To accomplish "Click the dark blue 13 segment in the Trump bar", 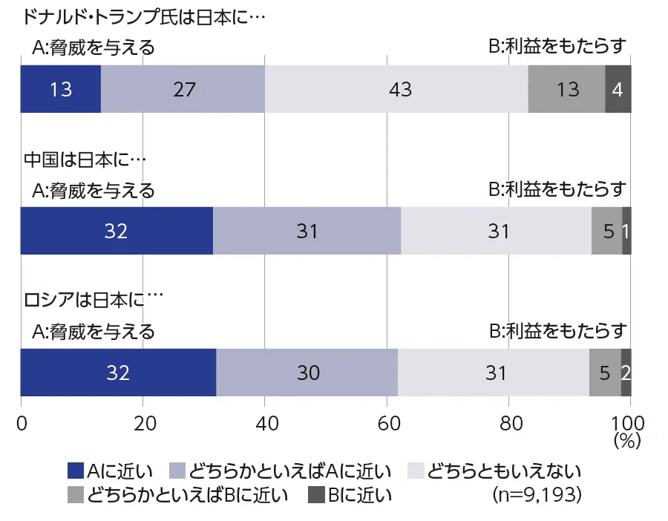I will pos(61,89).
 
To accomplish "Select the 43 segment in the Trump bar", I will pos(396,89).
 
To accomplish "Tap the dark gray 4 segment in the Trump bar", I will pos(618,89).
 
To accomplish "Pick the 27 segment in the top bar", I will pos(183,89).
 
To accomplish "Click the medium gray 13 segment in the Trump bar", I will pos(566,89).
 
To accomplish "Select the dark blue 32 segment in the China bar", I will pos(117,231).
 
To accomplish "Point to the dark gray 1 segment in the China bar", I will pos(626,231).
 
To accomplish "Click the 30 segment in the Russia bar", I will pos(307,372).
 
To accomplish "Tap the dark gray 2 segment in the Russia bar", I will pos(626,372).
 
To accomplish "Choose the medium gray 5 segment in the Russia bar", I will pos(605,372).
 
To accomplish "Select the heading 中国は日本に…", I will pos(86,158).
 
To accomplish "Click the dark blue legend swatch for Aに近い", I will pos(76,471).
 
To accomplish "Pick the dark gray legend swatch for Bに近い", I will pos(316,494).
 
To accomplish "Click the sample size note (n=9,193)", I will pos(537,494).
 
